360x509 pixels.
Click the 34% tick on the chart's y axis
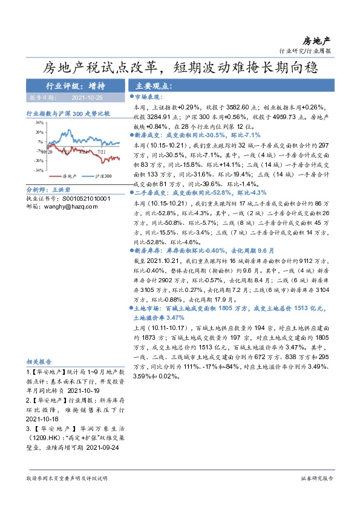point(39,122)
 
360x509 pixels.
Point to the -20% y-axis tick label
point(39,160)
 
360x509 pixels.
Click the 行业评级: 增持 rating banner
point(75,86)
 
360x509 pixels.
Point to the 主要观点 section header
point(154,86)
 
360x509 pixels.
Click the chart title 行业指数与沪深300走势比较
point(68,113)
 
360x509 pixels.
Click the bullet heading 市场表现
point(148,97)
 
